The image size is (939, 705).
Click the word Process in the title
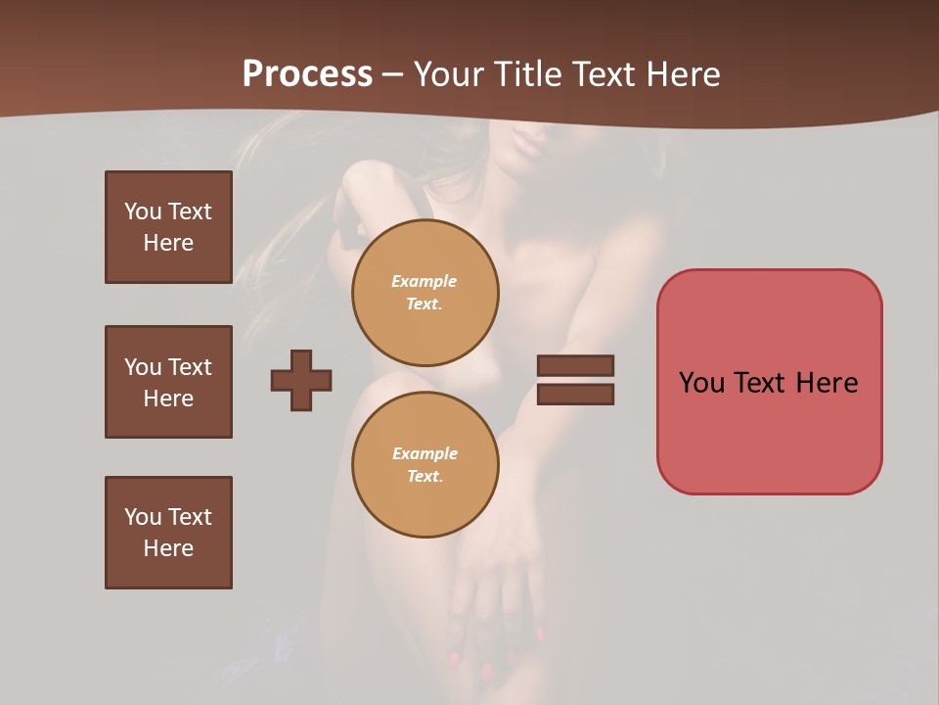(307, 74)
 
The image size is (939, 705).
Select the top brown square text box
(168, 227)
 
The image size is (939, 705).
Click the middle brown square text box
(168, 382)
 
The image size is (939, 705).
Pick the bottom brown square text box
(168, 533)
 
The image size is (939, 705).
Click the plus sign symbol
(301, 380)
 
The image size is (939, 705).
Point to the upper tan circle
(425, 293)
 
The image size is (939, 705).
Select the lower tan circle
(425, 465)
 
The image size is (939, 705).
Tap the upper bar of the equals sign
(575, 365)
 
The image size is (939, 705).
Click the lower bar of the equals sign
(575, 395)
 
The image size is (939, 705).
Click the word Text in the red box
(760, 383)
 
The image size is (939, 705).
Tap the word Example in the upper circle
(424, 281)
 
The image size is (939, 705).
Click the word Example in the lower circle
(425, 453)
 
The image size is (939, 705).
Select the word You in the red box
(701, 383)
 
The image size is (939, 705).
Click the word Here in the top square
(168, 243)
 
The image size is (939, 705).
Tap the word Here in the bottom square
(168, 548)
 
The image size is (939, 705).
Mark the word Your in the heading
(447, 74)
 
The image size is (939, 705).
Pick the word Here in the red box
(827, 383)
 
